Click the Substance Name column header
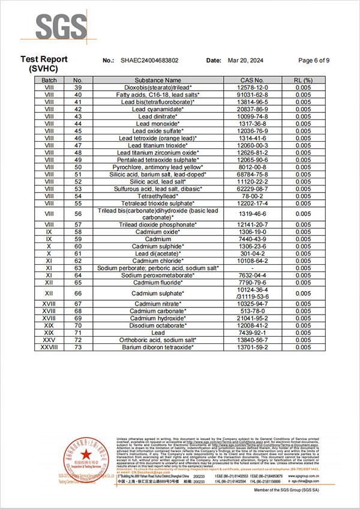tap(158, 80)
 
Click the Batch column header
tap(49, 80)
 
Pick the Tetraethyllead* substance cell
tap(158, 196)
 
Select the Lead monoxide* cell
tap(158, 123)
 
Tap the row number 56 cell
tap(77, 214)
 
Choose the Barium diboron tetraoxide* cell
tap(158, 347)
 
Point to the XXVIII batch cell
tap(49, 347)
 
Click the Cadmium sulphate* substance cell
tap(158, 293)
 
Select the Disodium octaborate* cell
tap(158, 325)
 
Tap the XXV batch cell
tap(49, 340)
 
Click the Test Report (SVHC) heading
tap(44, 64)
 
